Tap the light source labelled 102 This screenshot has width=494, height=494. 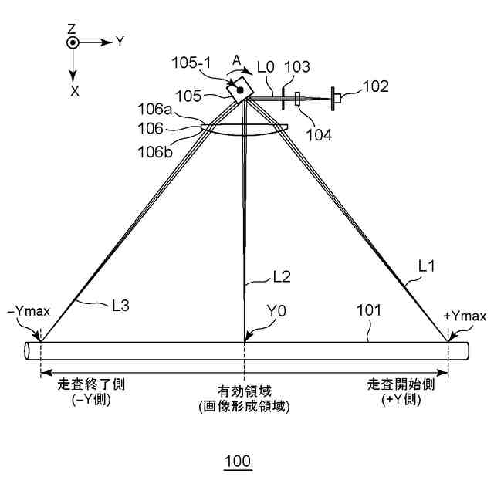point(338,96)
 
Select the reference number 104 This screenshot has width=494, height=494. point(319,134)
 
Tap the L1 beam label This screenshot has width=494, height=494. point(427,266)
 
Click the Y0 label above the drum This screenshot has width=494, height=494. point(276,312)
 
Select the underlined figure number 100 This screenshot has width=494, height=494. point(237,462)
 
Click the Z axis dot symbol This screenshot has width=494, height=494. point(72,43)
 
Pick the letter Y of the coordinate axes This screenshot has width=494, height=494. point(120,42)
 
